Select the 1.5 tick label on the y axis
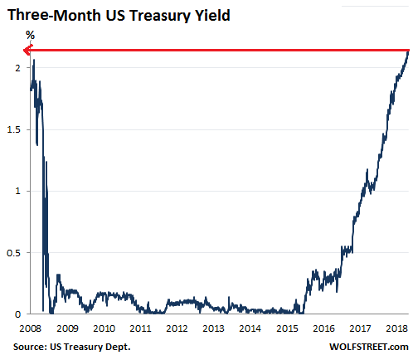click(x=12, y=129)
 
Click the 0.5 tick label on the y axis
click(x=12, y=252)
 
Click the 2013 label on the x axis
click(x=213, y=328)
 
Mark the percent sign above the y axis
click(x=30, y=36)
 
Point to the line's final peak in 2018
click(x=407, y=51)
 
